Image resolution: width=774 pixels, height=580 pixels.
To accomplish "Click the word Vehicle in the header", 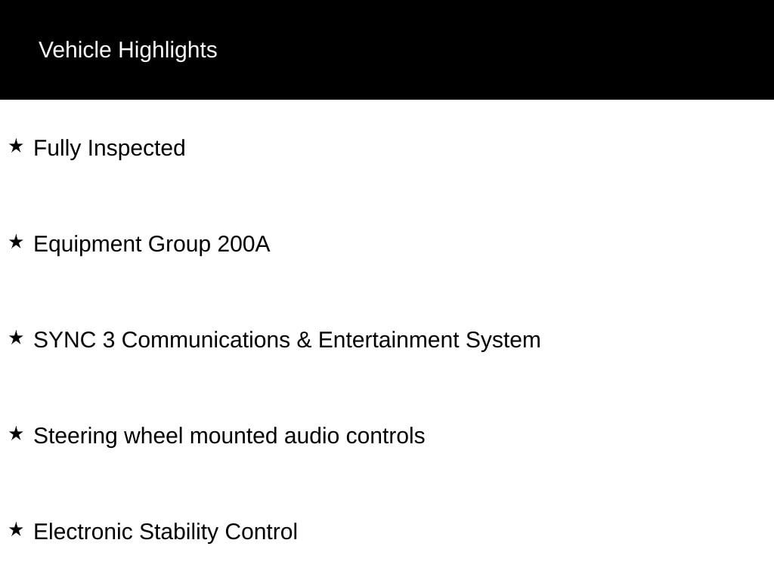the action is (x=75, y=50).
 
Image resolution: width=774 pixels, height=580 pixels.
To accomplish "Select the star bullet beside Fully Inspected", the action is (x=17, y=146).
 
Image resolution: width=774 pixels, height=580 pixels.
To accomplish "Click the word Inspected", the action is (x=137, y=149).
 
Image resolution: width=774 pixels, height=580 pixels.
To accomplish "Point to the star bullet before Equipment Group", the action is (x=17, y=242).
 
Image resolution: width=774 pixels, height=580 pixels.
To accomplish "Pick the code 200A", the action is (x=243, y=244).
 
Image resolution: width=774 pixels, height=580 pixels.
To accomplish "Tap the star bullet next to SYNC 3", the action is (x=17, y=338).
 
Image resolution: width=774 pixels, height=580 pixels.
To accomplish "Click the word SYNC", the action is (x=65, y=341).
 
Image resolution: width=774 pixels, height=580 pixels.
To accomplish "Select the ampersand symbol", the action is (x=304, y=341).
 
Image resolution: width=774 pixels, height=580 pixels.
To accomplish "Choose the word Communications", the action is (x=206, y=341).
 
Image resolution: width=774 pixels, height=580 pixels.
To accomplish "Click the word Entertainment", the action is (x=389, y=341).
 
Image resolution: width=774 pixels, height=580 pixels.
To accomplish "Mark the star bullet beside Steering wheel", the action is (x=17, y=433).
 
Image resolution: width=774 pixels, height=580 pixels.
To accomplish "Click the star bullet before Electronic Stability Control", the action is (x=17, y=529).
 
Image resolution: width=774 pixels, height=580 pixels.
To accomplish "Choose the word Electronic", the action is (x=83, y=532).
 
